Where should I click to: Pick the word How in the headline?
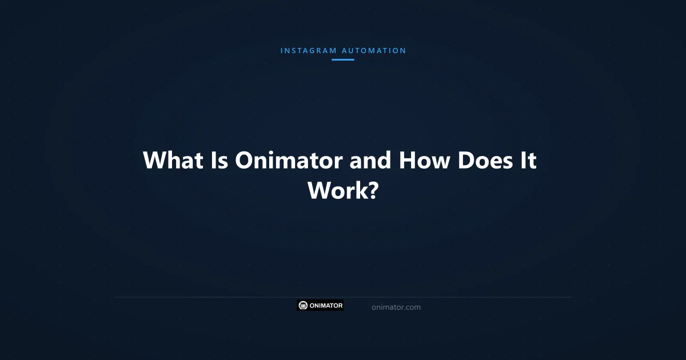click(425, 161)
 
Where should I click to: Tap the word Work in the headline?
click(336, 190)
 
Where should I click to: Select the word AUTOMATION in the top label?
click(374, 51)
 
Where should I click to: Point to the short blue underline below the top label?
click(343, 59)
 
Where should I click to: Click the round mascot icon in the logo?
click(304, 306)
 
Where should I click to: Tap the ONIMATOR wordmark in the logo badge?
click(326, 306)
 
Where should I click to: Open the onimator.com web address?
click(396, 307)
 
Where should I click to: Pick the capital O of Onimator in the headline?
click(244, 161)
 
